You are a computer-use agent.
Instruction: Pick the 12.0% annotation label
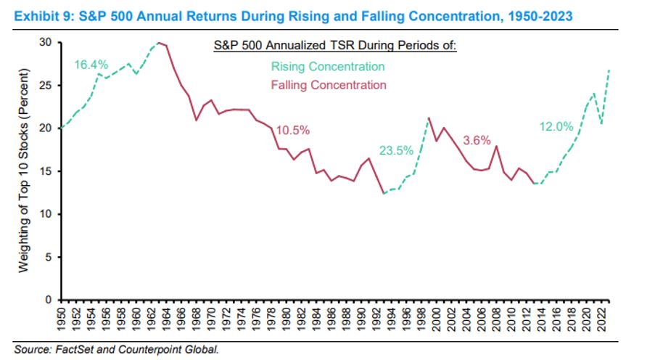[x=557, y=126]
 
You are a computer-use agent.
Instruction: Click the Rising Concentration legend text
[x=327, y=67]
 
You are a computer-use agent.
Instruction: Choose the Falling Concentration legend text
[x=328, y=85]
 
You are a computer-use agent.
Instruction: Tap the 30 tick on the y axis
[x=46, y=42]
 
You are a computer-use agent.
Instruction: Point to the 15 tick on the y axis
[x=46, y=171]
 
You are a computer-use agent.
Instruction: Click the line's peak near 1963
[x=159, y=42]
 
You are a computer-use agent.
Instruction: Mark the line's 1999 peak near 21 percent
[x=429, y=118]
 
